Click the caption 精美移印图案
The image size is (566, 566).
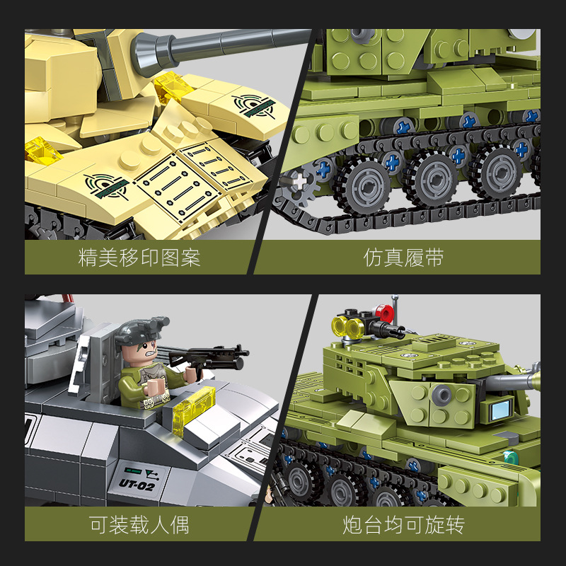click(139, 258)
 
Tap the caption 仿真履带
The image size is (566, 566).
click(404, 258)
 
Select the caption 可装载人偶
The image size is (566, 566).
click(139, 525)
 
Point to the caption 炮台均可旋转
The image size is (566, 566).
click(404, 525)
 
